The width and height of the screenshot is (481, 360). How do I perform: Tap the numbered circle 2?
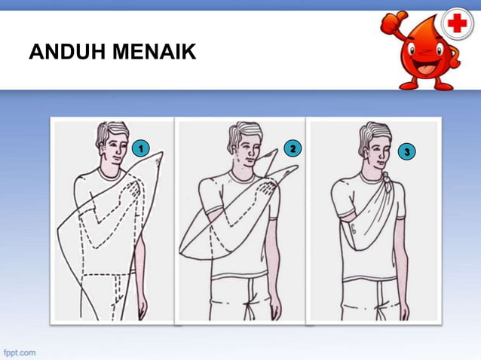[x=291, y=148]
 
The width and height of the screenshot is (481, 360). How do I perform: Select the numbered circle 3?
[x=407, y=152]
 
